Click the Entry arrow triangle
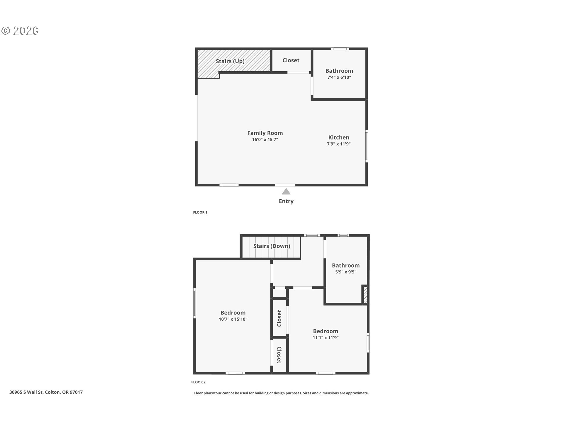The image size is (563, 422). [286, 192]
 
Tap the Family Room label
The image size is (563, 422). [265, 133]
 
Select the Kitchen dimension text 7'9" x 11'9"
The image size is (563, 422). [339, 144]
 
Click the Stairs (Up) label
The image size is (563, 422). [230, 61]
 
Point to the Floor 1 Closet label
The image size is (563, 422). [291, 60]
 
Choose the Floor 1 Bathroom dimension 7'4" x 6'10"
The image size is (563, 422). [339, 77]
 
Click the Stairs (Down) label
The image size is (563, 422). [272, 246]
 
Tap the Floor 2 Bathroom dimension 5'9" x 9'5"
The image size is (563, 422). [346, 272]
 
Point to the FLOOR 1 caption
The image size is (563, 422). [200, 212]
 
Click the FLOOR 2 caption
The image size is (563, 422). [199, 382]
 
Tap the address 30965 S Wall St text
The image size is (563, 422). [26, 392]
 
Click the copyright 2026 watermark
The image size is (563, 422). [20, 31]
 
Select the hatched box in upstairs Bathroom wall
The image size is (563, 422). [365, 295]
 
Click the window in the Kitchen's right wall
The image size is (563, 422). [367, 146]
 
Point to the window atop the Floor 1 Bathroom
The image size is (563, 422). [340, 49]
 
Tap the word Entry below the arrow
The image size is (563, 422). [286, 201]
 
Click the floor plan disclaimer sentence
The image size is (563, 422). [281, 393]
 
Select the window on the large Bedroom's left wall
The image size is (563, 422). [194, 303]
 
